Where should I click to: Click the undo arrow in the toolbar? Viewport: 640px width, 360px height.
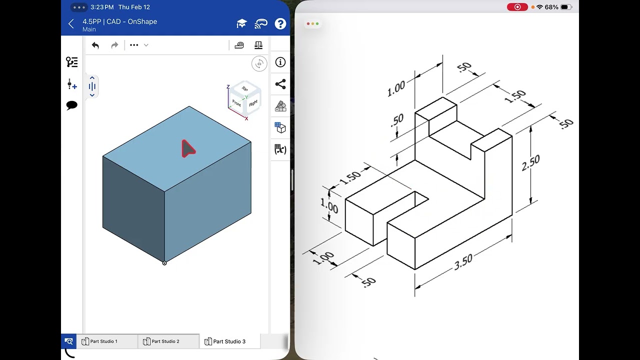[x=95, y=45]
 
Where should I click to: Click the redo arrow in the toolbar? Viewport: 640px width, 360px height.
[x=114, y=45]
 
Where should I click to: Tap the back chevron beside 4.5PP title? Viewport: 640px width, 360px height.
[x=71, y=24]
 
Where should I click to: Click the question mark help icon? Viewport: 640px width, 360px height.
[x=280, y=24]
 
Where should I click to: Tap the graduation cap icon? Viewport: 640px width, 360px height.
[x=241, y=24]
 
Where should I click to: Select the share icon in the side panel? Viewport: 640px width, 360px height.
[x=280, y=84]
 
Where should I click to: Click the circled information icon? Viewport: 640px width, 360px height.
[x=280, y=62]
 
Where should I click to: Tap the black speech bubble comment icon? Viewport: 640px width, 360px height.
[x=72, y=105]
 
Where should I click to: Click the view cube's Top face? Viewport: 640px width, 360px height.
[x=244, y=89]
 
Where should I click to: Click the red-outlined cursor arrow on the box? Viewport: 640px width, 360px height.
[x=187, y=149]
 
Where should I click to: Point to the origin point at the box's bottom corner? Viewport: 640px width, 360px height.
[x=164, y=263]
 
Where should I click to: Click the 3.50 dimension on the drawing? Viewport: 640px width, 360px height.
[x=463, y=262]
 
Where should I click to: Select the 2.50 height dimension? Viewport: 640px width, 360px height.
[x=530, y=162]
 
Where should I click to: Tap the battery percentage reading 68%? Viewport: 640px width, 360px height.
[x=551, y=7]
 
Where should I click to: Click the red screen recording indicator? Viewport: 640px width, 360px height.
[x=517, y=7]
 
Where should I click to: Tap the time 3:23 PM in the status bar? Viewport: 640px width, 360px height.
[x=102, y=7]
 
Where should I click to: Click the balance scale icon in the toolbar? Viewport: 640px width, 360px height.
[x=258, y=45]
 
